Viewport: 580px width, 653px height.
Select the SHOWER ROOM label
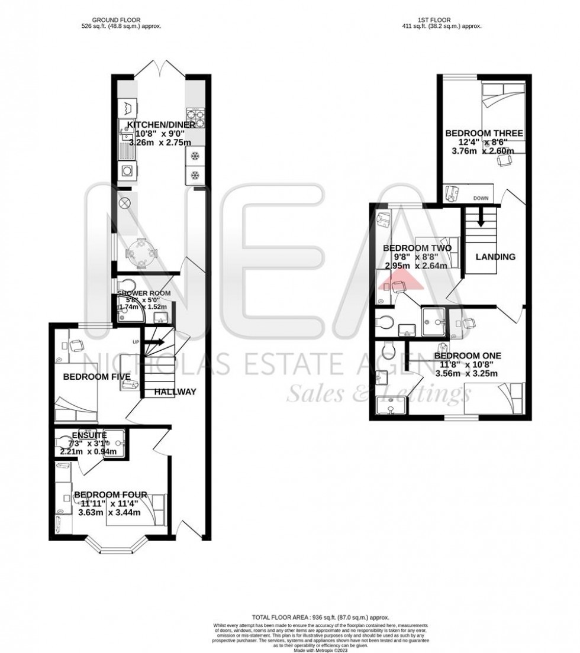[x=144, y=293]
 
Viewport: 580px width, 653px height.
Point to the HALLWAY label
[x=175, y=392]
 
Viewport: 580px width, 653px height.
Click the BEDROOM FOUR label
[x=111, y=494]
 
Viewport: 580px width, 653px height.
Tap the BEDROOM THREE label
[x=484, y=134]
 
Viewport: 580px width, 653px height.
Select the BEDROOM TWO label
[x=417, y=247]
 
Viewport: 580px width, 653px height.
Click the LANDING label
[x=495, y=257]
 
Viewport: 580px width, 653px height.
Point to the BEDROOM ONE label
[x=468, y=355]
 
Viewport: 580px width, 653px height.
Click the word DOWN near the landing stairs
[x=481, y=198]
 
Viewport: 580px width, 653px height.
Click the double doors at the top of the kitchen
[x=160, y=70]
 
